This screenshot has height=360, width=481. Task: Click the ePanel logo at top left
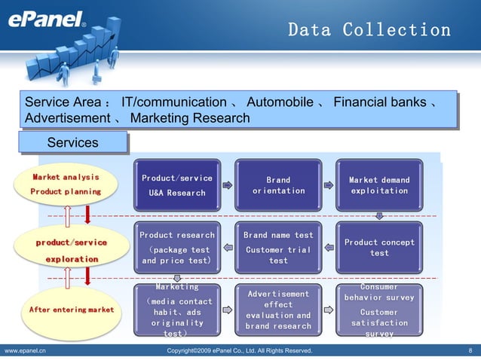coord(46,20)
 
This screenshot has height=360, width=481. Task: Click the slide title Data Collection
coord(369,30)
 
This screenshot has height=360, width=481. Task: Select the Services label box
coord(72,143)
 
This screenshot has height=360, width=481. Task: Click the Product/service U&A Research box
coord(177,185)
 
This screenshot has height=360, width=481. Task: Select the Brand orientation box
coord(278,185)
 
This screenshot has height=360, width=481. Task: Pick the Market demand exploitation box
coord(379,185)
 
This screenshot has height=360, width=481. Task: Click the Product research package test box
coord(177,248)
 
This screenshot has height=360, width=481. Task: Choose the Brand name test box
coord(278,248)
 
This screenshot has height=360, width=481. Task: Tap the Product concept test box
coord(379,248)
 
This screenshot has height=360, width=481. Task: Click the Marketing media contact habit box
coord(177,310)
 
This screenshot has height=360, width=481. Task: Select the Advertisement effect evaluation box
coord(278,310)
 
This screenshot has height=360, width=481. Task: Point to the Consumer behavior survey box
coord(379,310)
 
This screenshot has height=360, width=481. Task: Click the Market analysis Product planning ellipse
coord(66,185)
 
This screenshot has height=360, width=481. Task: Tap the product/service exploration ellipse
coord(71,251)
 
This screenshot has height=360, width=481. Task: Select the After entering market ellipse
coord(71,310)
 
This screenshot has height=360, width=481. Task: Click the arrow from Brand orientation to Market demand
coord(328,185)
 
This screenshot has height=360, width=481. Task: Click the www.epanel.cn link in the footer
coord(25,351)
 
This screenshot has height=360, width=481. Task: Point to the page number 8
coord(470,351)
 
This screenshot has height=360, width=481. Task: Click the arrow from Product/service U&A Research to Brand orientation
coord(228,185)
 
